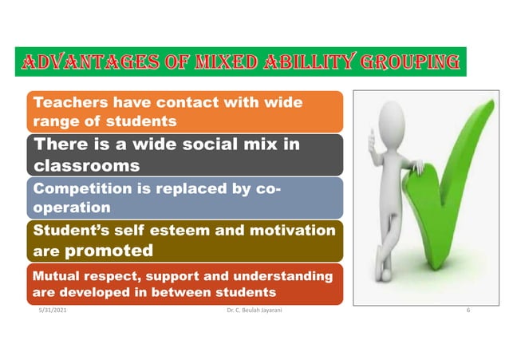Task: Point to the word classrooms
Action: pos(87,166)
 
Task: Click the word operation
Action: pos(70,207)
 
